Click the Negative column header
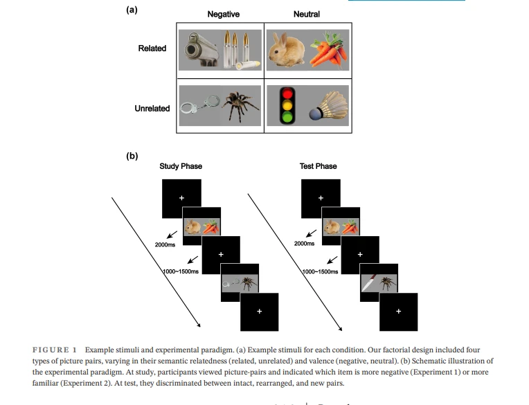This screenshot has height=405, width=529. point(224,14)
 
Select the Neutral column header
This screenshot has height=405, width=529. point(306,14)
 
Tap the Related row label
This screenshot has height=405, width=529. point(152,48)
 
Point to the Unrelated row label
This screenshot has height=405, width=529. point(152,108)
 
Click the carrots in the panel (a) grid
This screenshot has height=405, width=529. point(329,49)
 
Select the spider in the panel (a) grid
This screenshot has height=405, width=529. point(240,105)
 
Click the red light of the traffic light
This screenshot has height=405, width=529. point(287,93)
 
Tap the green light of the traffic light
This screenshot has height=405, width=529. point(287,118)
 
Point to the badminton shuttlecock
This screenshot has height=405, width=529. point(329,105)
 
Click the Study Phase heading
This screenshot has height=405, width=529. point(181,166)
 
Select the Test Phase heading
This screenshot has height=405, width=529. point(318,166)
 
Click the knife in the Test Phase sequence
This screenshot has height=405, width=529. point(369,283)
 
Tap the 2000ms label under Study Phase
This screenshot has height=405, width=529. point(165,245)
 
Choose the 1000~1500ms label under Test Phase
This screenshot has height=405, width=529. point(320,271)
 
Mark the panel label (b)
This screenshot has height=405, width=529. point(132,156)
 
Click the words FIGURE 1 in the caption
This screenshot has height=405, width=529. point(55,350)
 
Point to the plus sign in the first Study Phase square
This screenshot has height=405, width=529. point(181,198)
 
